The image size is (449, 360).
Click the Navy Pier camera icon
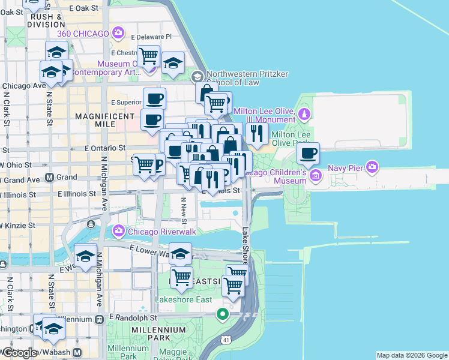click(372, 166)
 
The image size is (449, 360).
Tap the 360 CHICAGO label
click(91, 34)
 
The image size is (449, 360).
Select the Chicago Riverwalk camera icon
click(118, 230)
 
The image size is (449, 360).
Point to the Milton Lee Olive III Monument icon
click(304, 114)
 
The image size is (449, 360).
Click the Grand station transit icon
click(49, 178)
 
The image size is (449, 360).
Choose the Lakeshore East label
click(180, 299)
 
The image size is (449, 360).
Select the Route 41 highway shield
click(226, 340)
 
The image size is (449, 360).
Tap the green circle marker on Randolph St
click(223, 314)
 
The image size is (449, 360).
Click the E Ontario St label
click(105, 147)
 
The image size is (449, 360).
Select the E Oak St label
click(83, 8)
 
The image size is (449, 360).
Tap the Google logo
click(19, 353)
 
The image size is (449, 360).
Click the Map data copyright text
click(411, 355)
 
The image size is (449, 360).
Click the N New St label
click(183, 209)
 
